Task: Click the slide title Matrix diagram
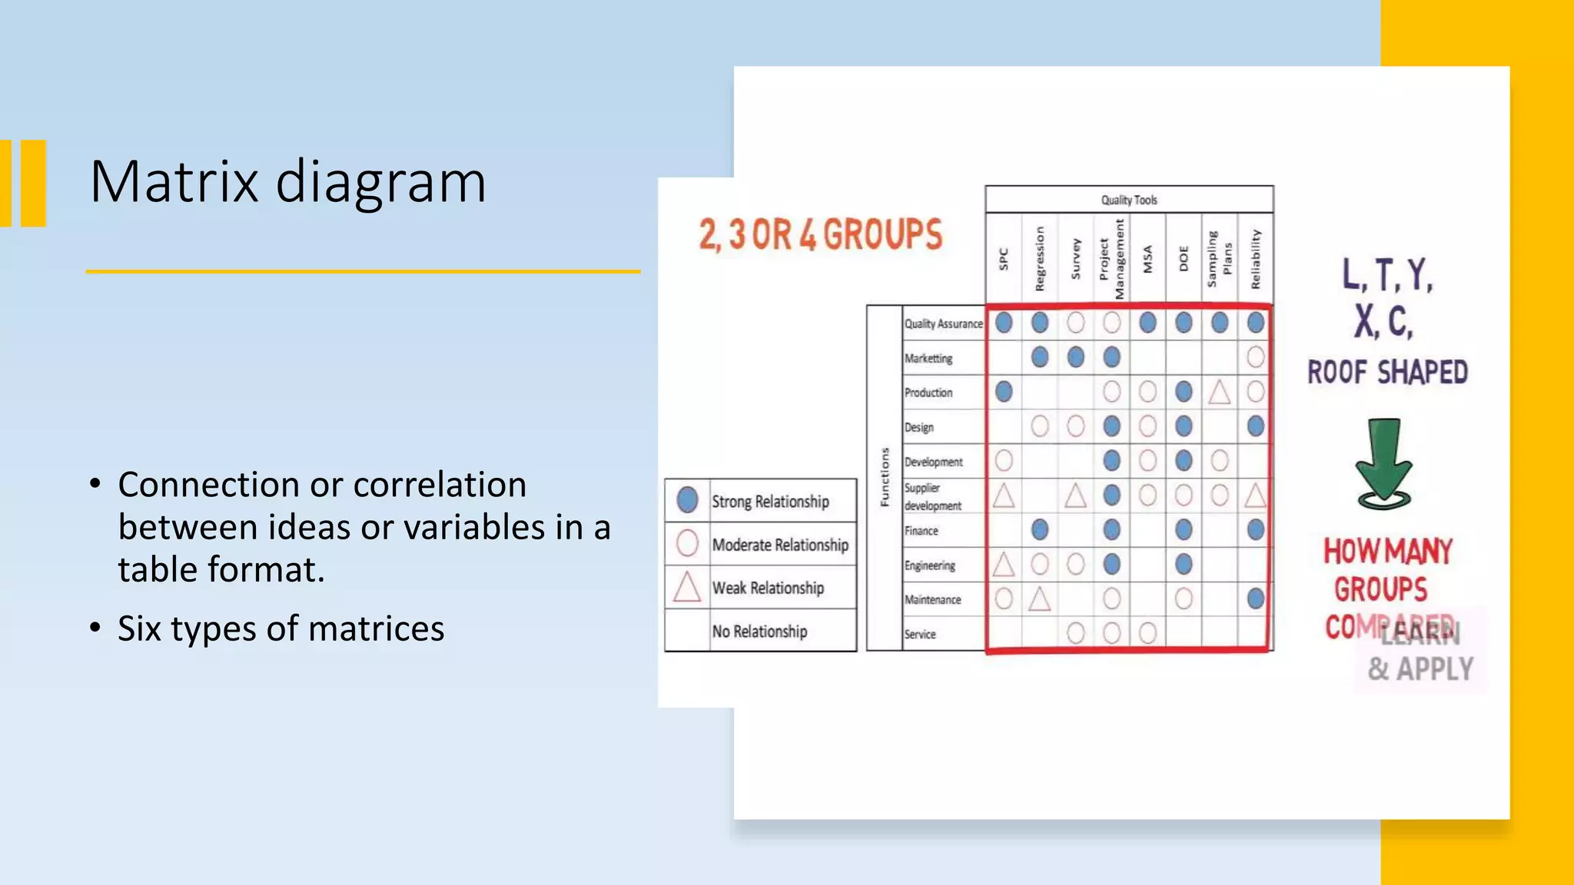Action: (287, 182)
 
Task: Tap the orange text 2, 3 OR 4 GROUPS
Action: (820, 234)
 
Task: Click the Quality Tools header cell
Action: (1128, 200)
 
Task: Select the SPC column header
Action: (1003, 259)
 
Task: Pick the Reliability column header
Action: (1255, 259)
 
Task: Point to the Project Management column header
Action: (1111, 259)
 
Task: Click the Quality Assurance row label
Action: (943, 324)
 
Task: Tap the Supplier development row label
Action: (932, 496)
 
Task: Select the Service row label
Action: (920, 635)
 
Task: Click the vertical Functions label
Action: (885, 477)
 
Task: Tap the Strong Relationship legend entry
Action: (769, 502)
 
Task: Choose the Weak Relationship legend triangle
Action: (687, 587)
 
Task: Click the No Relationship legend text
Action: (759, 631)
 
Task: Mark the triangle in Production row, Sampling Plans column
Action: (1219, 393)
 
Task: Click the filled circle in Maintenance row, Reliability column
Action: (1255, 598)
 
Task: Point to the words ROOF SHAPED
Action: (1387, 373)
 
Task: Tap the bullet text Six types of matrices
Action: (281, 628)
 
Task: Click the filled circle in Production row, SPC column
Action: (1003, 392)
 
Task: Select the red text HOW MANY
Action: (1387, 552)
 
